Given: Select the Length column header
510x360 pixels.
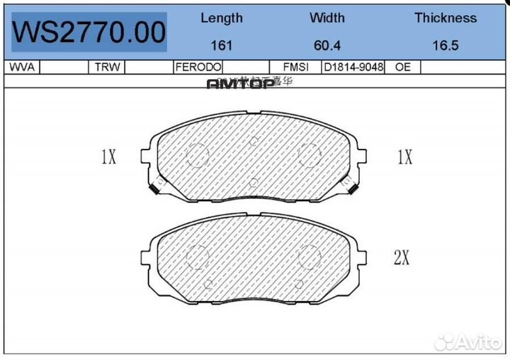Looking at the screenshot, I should click(221, 18).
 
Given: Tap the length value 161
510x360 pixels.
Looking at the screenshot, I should click(222, 45).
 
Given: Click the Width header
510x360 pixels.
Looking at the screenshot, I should click(327, 18).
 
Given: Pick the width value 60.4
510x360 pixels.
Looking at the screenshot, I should click(327, 45).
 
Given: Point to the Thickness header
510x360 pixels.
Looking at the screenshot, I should click(446, 18).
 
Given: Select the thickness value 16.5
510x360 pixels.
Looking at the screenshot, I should click(446, 45).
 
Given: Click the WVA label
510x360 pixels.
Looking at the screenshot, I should click(21, 67).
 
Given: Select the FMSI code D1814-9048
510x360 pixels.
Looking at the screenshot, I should click(353, 67).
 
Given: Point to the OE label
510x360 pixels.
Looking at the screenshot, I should click(403, 67).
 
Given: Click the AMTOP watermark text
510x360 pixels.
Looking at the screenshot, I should click(240, 84).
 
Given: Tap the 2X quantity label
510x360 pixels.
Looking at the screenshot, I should click(402, 258).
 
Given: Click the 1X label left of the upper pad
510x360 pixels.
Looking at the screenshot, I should click(108, 157).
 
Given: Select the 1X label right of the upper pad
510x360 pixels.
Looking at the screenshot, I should click(404, 157).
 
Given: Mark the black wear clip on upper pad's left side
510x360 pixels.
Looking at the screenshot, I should click(154, 189).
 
